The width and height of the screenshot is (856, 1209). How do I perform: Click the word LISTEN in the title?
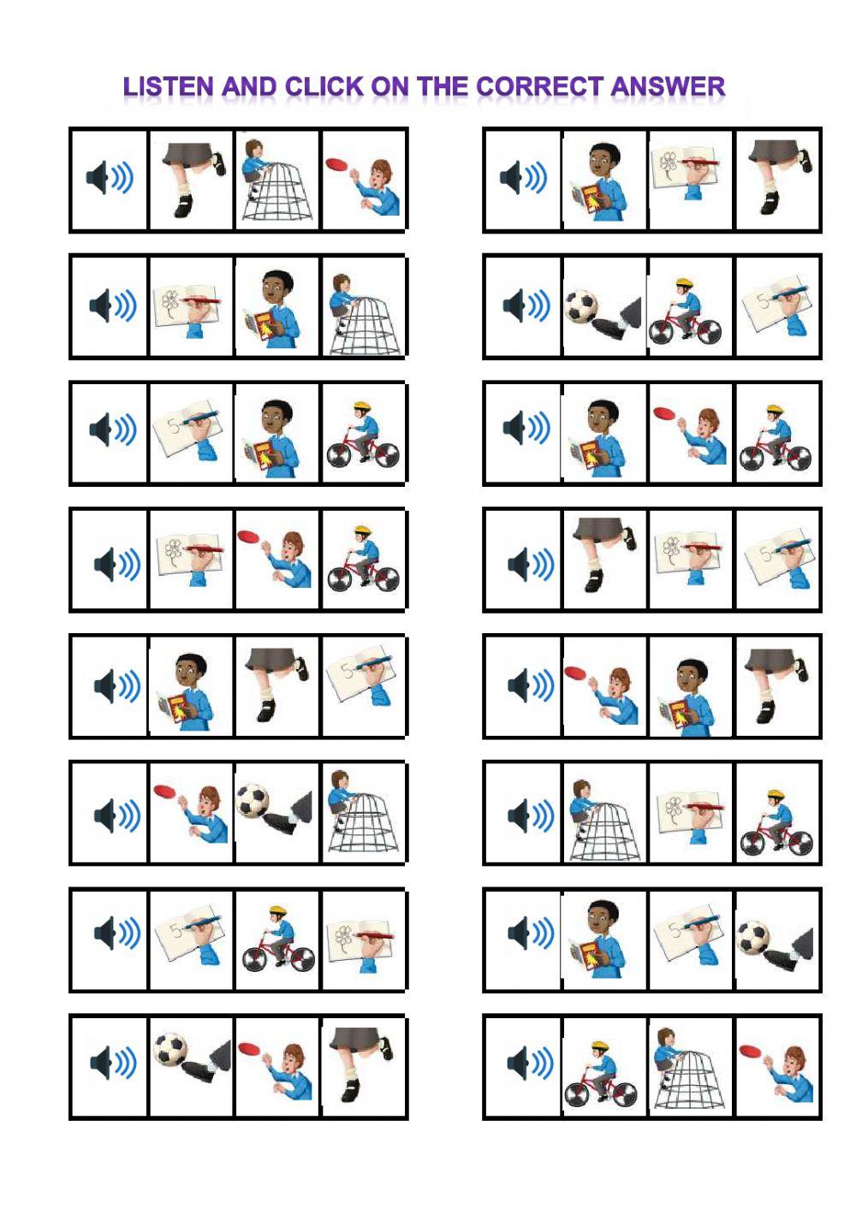coord(168,86)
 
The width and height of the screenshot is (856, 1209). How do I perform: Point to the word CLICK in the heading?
coord(324,86)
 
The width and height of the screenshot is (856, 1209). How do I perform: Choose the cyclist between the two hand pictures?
coord(276,939)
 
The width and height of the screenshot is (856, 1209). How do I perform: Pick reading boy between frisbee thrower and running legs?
coord(689,685)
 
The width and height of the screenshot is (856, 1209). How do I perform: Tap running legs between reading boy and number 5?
coord(276,685)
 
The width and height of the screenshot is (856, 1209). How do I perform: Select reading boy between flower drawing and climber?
coord(276,306)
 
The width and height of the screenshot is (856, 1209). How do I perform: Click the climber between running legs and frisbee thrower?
coord(276,181)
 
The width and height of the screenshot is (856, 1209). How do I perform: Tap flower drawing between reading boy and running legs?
coord(689,181)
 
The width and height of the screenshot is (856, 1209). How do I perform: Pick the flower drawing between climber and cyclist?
coord(689,813)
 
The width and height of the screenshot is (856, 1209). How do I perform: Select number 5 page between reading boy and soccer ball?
coord(689,939)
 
